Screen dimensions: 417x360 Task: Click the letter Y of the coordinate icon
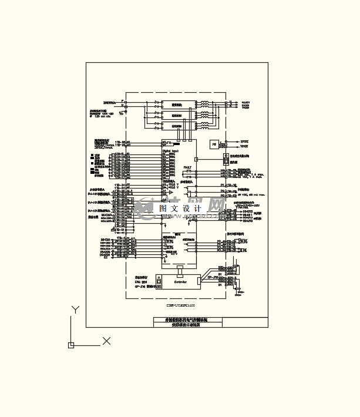point(75,310)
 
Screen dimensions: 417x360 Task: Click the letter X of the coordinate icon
point(106,341)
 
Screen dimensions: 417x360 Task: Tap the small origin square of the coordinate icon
point(71,345)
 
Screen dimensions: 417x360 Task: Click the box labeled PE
point(214,143)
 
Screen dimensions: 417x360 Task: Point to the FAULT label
point(187,167)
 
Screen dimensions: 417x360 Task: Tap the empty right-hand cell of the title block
point(245,322)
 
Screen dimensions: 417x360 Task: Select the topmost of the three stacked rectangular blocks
point(177,105)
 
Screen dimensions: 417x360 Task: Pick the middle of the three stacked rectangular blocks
point(177,115)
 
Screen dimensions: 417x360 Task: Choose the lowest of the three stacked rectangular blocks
point(177,126)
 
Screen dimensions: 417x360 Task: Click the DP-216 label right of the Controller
point(212,277)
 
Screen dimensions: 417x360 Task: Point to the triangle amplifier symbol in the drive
point(171,191)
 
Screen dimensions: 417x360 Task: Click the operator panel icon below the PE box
point(226,159)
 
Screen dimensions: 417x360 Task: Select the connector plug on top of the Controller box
point(180,271)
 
